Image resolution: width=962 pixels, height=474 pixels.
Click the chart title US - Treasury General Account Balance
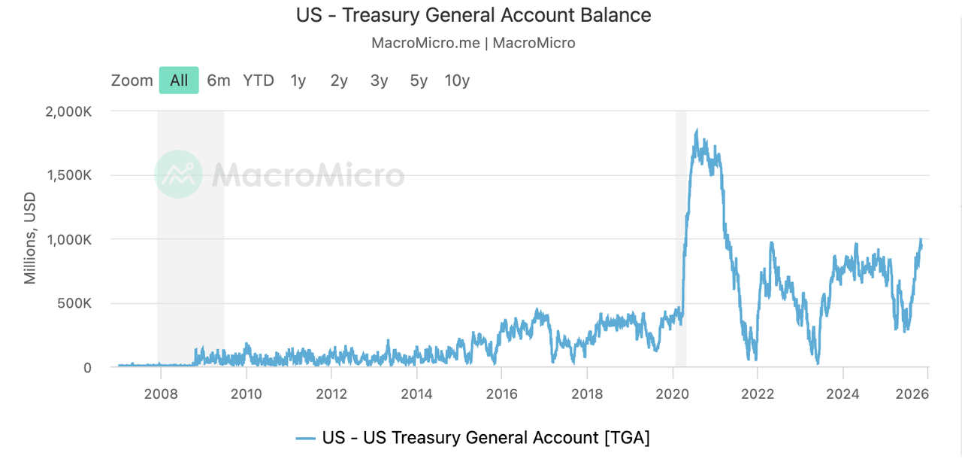pyautogui.click(x=473, y=15)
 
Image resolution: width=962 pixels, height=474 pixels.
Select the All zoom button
pyautogui.click(x=179, y=81)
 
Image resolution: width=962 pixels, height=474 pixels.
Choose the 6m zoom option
pyautogui.click(x=219, y=81)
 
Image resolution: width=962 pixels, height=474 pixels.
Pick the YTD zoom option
pyautogui.click(x=259, y=81)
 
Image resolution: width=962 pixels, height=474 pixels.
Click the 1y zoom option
pyautogui.click(x=298, y=81)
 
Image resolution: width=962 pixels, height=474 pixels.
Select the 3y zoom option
pyautogui.click(x=379, y=81)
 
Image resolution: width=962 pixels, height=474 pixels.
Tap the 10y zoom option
pyautogui.click(x=457, y=81)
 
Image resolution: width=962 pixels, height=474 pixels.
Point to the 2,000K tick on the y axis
pyautogui.click(x=68, y=111)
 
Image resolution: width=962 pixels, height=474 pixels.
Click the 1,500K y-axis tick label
pyautogui.click(x=68, y=175)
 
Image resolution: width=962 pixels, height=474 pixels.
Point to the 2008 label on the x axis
pyautogui.click(x=160, y=393)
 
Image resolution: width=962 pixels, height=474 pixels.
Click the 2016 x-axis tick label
pyautogui.click(x=501, y=393)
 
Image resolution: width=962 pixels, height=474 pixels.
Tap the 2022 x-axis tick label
pyautogui.click(x=758, y=393)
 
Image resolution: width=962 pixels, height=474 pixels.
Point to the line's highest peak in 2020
pyautogui.click(x=697, y=130)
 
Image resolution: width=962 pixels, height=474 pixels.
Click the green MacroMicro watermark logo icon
pyautogui.click(x=178, y=175)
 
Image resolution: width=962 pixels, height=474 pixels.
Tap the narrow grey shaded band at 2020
pyautogui.click(x=681, y=226)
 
